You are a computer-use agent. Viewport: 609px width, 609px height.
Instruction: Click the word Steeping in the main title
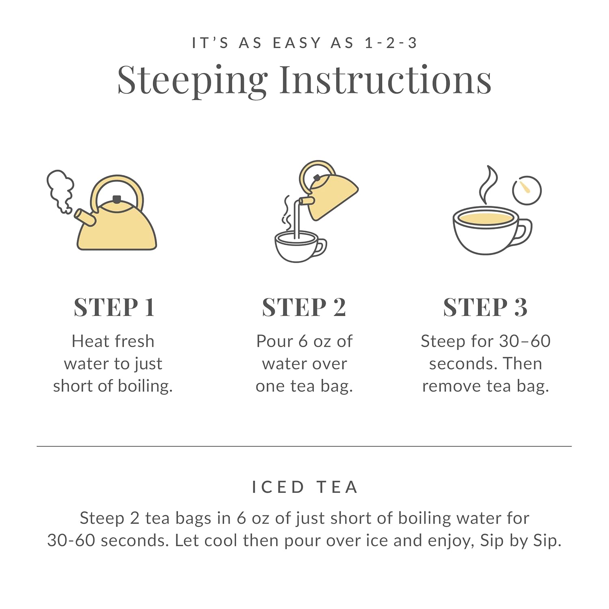[192, 80]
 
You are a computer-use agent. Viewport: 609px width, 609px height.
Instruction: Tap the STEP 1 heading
[114, 307]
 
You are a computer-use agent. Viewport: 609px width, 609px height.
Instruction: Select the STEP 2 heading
[304, 307]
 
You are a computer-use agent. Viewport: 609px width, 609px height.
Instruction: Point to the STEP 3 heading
[485, 307]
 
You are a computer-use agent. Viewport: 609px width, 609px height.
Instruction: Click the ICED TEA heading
[304, 487]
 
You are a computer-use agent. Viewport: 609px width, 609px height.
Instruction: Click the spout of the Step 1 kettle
[85, 217]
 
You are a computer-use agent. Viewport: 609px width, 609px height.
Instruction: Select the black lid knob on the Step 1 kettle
[117, 199]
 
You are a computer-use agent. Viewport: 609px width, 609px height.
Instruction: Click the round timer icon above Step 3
[527, 190]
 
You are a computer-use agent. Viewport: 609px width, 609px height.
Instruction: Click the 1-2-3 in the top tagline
[391, 43]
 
